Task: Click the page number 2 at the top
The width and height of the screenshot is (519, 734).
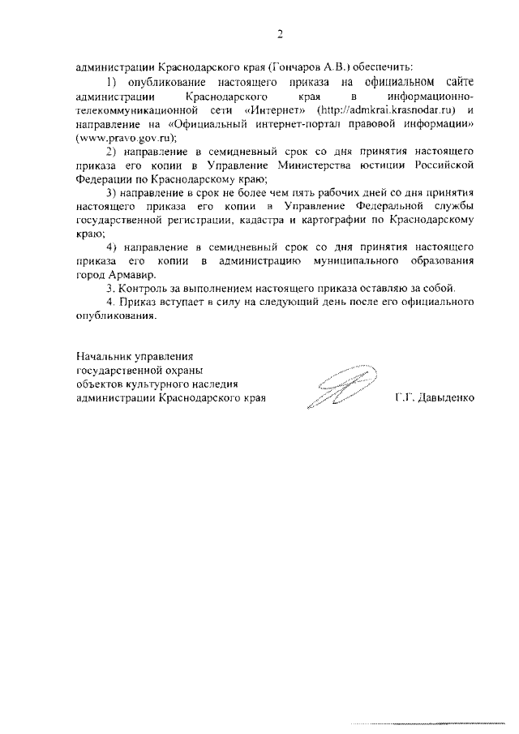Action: pyautogui.click(x=280, y=34)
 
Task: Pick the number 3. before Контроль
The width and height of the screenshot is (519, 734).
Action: pyautogui.click(x=111, y=288)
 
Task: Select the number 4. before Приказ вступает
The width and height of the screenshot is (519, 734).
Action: pyautogui.click(x=111, y=302)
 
